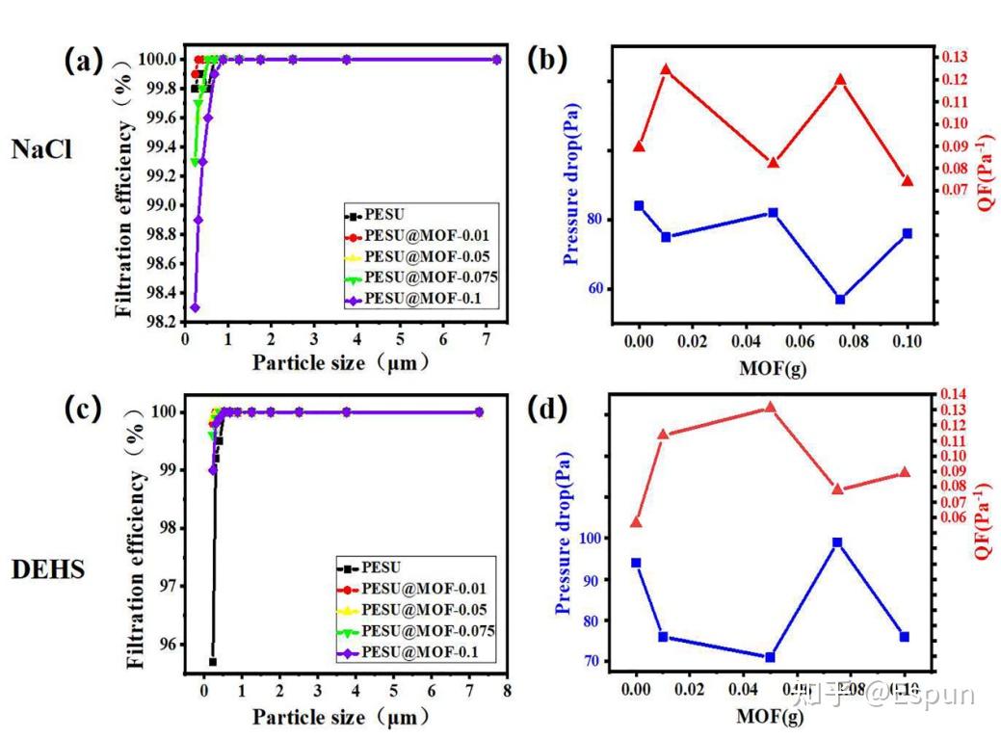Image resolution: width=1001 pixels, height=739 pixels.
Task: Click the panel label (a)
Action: point(83,61)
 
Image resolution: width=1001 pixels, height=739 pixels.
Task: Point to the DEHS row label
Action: point(48,569)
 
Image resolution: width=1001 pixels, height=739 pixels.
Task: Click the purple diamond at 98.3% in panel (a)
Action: point(195,307)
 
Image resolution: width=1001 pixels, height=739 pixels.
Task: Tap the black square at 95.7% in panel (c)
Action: point(212,661)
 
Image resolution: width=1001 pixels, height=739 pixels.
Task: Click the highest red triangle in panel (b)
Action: point(666,68)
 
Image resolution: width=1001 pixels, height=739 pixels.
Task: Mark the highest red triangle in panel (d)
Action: point(770,407)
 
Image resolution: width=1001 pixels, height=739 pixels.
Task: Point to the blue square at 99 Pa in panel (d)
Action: point(837,542)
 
